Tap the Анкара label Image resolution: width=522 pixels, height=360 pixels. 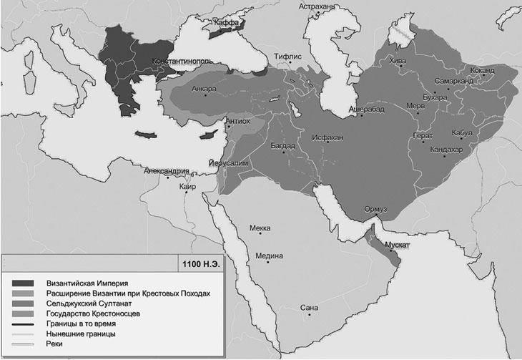[204, 89]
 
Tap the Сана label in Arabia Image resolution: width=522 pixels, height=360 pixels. [309, 308]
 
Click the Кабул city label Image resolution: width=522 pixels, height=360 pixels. [462, 133]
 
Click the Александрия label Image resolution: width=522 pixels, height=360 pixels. [166, 172]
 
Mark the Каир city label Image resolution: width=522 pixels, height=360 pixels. [188, 187]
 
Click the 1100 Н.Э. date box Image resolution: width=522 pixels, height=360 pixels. [193, 264]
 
